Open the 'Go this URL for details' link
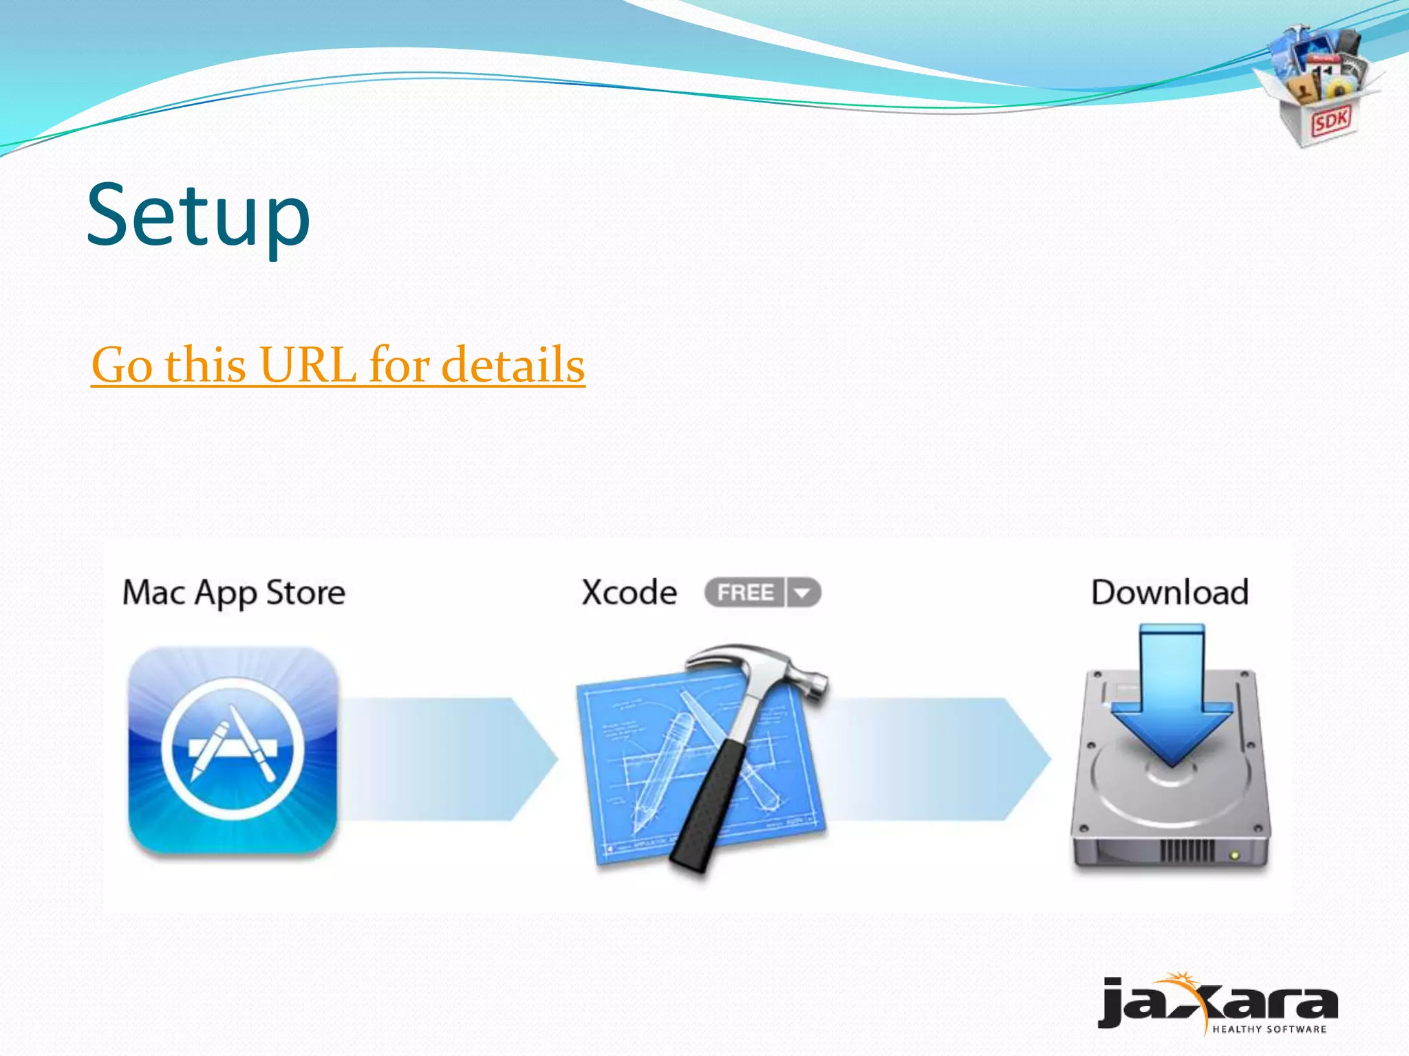[338, 365]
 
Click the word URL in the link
[308, 365]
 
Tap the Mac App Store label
[234, 593]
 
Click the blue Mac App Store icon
[233, 749]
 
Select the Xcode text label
[629, 593]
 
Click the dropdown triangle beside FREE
[803, 593]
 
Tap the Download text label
[1170, 593]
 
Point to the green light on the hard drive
[1235, 855]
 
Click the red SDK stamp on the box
[1331, 122]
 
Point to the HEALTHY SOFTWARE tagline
[1269, 1029]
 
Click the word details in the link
[513, 365]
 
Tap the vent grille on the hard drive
[1187, 851]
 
